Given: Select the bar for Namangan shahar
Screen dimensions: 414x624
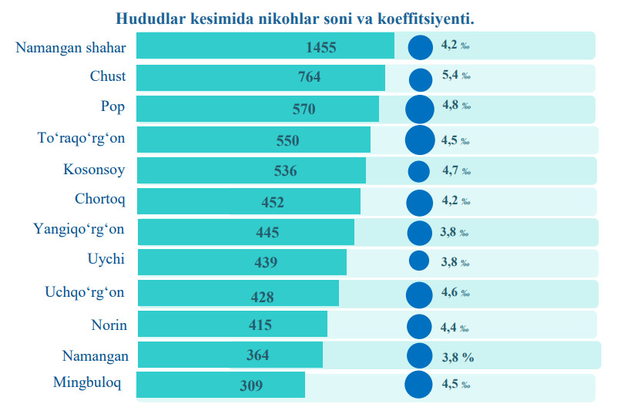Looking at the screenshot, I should coord(265,45).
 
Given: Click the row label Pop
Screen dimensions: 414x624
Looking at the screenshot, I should coord(112,106).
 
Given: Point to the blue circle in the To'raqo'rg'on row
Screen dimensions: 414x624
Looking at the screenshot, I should coord(420,140).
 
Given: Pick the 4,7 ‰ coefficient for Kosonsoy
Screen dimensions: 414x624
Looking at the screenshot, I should coord(455,170).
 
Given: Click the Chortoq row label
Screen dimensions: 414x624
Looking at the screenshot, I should coord(100,200).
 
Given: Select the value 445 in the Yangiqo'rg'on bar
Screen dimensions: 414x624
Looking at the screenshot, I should coord(267,232).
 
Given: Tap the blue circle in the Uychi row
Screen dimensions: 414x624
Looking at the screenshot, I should coord(419,261).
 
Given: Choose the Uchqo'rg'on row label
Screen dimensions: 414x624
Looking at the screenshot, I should coord(85,292).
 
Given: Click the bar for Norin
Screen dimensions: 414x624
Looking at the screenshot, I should coord(231,325).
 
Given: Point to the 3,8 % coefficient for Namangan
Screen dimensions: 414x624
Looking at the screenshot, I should coord(457,356).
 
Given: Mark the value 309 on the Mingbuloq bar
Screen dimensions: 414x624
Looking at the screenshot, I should coord(251,385).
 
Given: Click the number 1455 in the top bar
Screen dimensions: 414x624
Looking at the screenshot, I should coord(321,47).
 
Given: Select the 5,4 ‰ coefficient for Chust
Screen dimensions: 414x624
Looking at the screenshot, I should coord(455,76).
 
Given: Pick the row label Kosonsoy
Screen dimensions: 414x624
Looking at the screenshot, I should coord(95,169).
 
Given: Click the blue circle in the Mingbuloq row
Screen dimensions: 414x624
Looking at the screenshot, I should coord(418,385).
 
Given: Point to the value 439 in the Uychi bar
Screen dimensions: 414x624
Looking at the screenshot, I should coord(266,263).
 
